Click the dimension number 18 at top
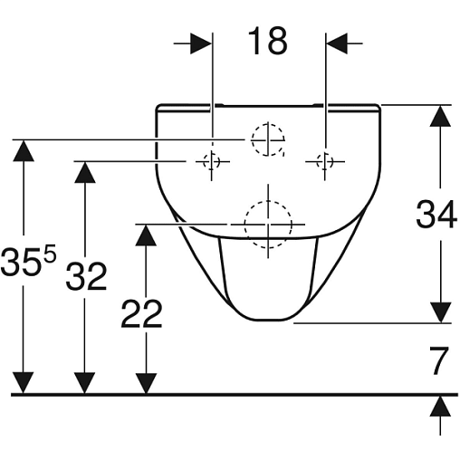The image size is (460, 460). point(268,42)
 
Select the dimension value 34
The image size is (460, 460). point(436,215)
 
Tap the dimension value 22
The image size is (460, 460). point(141,313)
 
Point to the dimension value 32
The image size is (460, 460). point(86,276)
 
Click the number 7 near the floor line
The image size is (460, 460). point(439,360)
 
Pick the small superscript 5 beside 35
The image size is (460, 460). point(51,254)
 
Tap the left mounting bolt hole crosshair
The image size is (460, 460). point(211,162)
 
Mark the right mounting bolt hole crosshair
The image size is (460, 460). point(325,162)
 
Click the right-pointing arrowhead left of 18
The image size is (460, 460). point(201,43)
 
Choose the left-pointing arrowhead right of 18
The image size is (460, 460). point(337,43)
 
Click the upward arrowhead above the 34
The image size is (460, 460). point(440,116)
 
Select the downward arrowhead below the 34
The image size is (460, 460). point(440,312)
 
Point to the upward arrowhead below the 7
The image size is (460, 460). point(440,407)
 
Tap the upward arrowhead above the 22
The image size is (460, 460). point(146,235)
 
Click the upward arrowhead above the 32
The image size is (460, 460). point(85,172)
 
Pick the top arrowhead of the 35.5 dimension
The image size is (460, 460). point(24,150)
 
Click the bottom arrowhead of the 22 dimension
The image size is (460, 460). point(146,383)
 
